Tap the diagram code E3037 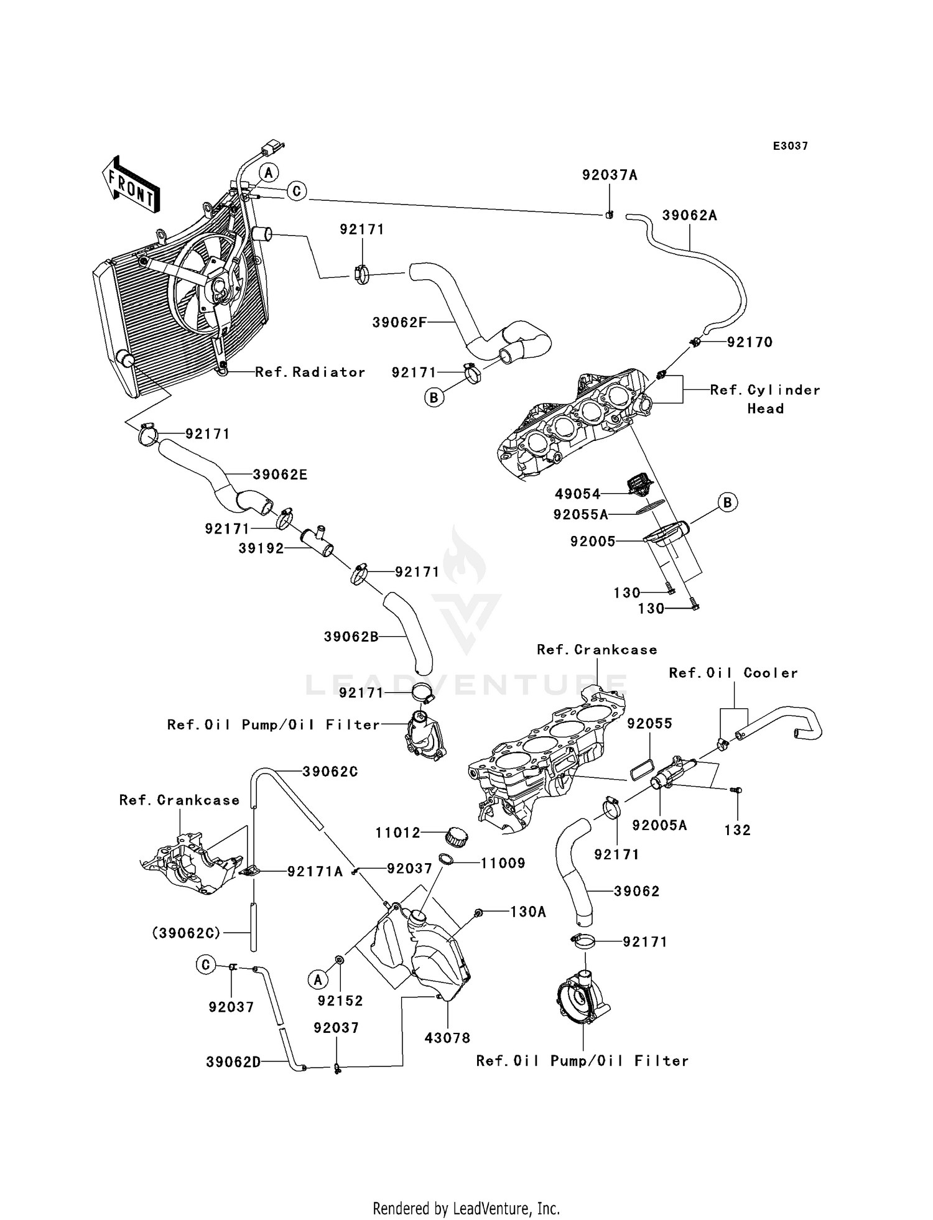(790, 146)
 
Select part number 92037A (610, 175)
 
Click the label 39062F (399, 323)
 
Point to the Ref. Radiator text (310, 372)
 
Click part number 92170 (750, 342)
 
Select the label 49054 (578, 494)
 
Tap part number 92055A (580, 515)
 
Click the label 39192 (261, 548)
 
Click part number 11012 (398, 833)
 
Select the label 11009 (503, 863)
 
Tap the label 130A (527, 912)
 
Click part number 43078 (447, 1038)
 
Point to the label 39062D (233, 1062)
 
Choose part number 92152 (340, 1000)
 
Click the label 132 (737, 830)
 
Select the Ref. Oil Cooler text (733, 673)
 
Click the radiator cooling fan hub (220, 287)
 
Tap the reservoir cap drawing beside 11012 (457, 838)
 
